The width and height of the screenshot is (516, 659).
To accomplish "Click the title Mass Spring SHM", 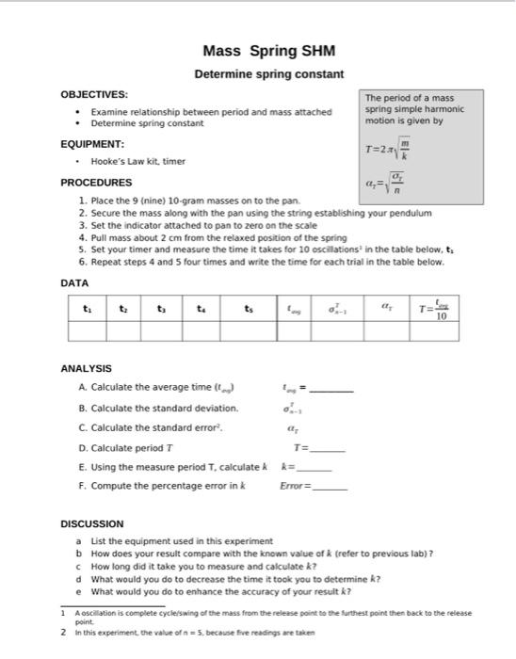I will pyautogui.click(x=268, y=51).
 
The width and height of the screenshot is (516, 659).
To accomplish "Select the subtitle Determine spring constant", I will pyautogui.click(x=268, y=73).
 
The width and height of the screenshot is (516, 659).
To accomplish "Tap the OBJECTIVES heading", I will pyautogui.click(x=94, y=95).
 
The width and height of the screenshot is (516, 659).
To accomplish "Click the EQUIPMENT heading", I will pyautogui.click(x=92, y=144).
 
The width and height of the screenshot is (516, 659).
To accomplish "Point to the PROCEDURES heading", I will pyautogui.click(x=96, y=183).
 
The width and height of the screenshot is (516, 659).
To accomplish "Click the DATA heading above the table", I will pyautogui.click(x=74, y=282).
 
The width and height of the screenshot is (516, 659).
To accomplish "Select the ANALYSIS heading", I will pyautogui.click(x=86, y=368).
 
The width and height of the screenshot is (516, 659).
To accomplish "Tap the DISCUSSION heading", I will pyautogui.click(x=91, y=523).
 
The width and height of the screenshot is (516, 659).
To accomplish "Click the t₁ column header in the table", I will pyautogui.click(x=88, y=307).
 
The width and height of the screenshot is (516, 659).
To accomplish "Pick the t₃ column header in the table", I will pyautogui.click(x=162, y=307).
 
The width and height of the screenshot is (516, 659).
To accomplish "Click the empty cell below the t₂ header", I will pyautogui.click(x=124, y=329).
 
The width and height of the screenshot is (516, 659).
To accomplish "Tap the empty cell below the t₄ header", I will pyautogui.click(x=201, y=329).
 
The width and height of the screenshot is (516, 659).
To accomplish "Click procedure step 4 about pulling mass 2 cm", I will pyautogui.click(x=213, y=238).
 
